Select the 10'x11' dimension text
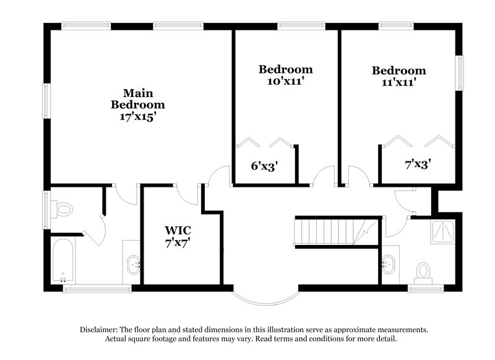pos(285,81)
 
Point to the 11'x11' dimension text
pos(398,82)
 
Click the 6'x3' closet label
pos(264,165)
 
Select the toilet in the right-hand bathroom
pos(423,270)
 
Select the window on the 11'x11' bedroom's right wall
pos(460,73)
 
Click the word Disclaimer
pos(101,330)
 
